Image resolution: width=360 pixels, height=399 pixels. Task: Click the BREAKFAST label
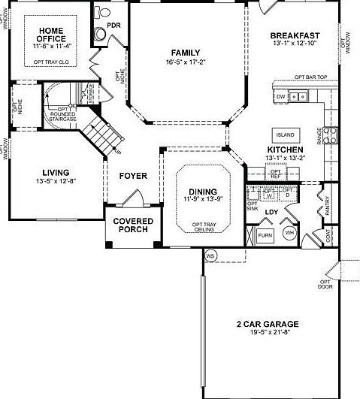295,35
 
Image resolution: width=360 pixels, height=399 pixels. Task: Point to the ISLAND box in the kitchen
286,135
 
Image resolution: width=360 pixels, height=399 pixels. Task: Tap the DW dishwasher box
280,97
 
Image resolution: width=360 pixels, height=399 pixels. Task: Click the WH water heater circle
289,234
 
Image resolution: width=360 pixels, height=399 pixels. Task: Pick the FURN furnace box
265,235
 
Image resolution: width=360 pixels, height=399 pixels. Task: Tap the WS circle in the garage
210,255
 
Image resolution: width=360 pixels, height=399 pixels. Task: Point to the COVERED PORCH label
133,225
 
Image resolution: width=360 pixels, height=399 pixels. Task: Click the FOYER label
133,177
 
